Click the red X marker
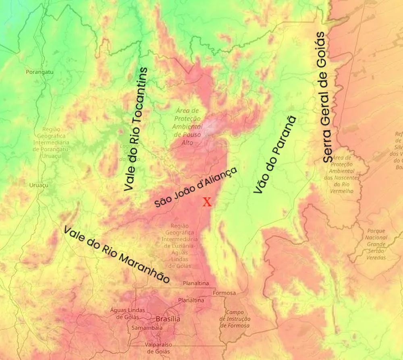(x=207, y=202)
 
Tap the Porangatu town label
(x=39, y=72)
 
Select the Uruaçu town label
(x=39, y=185)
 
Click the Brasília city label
(x=168, y=319)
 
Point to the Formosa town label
(x=224, y=293)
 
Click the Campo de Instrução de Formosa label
(x=235, y=319)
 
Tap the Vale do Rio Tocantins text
(x=136, y=129)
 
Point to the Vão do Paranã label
(x=274, y=155)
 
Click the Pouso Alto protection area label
(x=188, y=126)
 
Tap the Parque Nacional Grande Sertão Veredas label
(x=376, y=244)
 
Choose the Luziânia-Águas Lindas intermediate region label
(x=180, y=246)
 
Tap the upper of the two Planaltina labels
(x=196, y=283)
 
